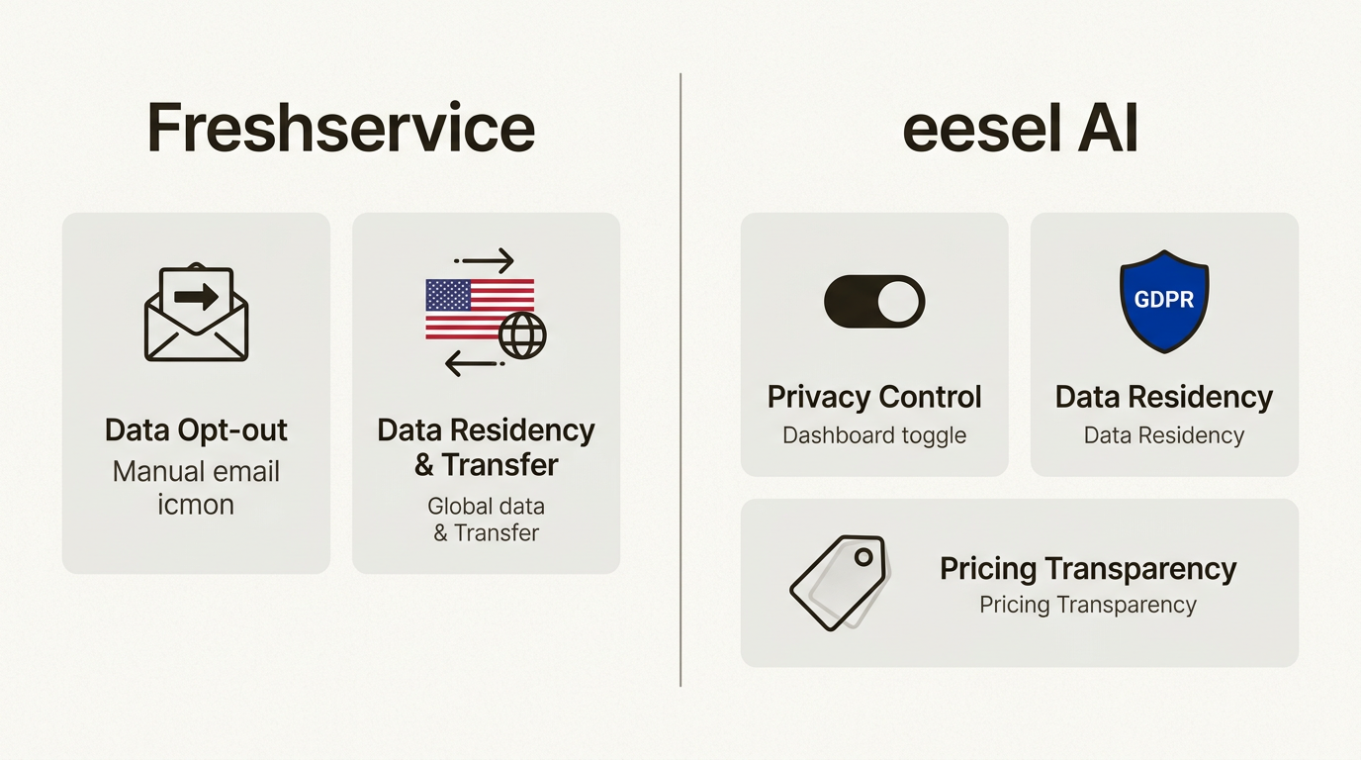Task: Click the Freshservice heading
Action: coord(340,129)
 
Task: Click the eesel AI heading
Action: coord(1020,129)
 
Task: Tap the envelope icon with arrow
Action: coord(196,313)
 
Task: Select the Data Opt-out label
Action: coord(196,430)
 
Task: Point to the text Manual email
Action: coord(196,471)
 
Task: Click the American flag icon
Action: coord(479,309)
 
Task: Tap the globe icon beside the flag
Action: coord(522,336)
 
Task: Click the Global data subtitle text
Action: coord(486,507)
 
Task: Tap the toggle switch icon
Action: coord(874,301)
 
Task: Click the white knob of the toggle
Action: coord(898,301)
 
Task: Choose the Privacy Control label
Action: coord(874,397)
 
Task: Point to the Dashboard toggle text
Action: coord(874,435)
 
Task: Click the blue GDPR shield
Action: coord(1164,301)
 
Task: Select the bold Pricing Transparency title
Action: coord(1088,569)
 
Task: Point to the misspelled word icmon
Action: coord(196,505)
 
